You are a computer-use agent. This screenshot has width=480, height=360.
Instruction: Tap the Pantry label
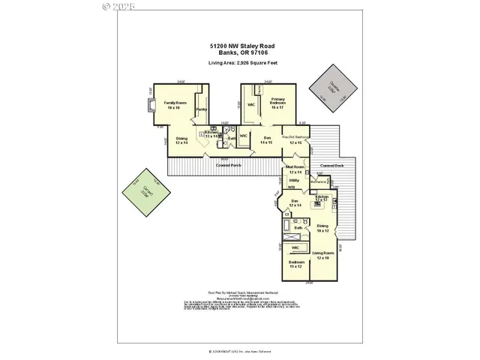(201, 110)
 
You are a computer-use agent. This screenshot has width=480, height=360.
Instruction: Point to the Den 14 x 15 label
(267, 139)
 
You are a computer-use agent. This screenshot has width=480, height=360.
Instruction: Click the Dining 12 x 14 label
(181, 140)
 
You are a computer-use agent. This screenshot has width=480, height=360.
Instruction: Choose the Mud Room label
(294, 169)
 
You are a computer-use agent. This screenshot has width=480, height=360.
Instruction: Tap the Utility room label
(294, 181)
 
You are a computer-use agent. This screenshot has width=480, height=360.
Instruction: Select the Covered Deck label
(331, 165)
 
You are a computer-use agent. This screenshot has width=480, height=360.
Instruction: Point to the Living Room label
(323, 259)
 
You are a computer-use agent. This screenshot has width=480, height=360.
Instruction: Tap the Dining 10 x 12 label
(322, 228)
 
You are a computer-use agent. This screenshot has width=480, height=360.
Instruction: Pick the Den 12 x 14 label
(295, 203)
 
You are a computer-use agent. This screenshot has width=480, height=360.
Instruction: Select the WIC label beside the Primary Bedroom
(252, 104)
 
